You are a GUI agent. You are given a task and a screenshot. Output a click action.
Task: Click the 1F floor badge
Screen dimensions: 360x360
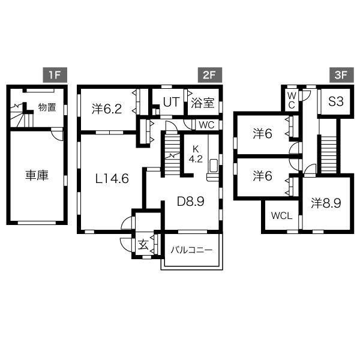tap(55, 75)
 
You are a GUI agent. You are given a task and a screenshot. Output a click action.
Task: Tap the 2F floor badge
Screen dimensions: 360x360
tap(210, 75)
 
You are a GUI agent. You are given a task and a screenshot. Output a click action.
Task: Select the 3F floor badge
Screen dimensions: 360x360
tap(341, 75)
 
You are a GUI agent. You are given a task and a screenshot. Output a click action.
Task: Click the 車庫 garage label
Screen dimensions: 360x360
tap(37, 176)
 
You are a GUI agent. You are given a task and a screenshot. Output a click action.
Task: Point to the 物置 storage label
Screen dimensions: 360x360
tap(47, 107)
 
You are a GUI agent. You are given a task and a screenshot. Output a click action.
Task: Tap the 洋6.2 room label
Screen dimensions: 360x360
tap(107, 109)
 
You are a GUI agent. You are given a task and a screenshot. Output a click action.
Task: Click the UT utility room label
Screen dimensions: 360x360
tap(171, 102)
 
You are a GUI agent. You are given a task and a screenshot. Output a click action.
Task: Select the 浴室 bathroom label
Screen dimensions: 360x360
tap(203, 103)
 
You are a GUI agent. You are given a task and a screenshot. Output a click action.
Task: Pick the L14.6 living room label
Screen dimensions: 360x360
tap(112, 179)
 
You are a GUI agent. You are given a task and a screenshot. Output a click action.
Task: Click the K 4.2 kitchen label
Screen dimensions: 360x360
tap(196, 154)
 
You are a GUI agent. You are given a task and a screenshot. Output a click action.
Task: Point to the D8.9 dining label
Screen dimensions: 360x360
tap(191, 202)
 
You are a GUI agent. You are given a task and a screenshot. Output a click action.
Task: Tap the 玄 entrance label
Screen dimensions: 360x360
tap(143, 245)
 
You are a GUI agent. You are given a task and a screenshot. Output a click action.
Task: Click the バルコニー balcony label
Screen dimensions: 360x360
tap(191, 250)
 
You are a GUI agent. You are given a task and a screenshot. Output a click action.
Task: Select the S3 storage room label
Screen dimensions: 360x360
tap(335, 101)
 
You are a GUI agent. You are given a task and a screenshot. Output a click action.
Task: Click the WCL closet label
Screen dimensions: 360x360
tap(282, 215)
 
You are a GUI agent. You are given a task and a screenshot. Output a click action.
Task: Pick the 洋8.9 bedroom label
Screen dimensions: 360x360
tap(326, 203)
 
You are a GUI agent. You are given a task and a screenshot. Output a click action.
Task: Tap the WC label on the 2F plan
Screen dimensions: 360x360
tap(206, 125)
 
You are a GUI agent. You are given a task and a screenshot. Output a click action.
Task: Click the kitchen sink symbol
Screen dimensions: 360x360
tap(214, 166)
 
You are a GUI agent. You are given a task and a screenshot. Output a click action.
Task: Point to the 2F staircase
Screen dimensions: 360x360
tap(172, 155)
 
